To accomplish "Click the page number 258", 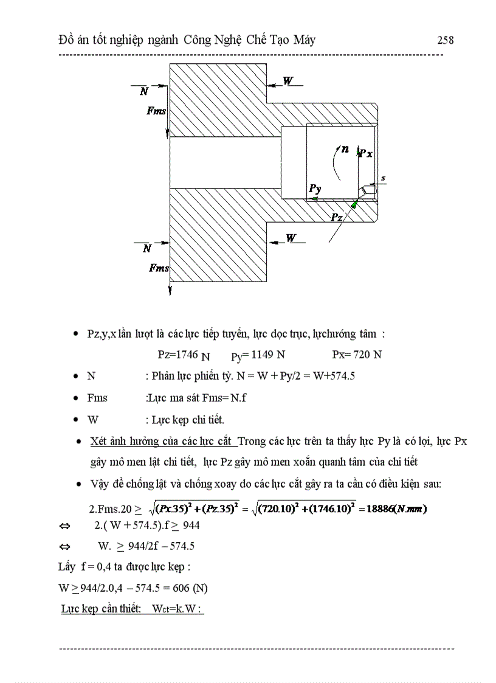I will point(445,40).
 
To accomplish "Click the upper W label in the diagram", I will point(288,81).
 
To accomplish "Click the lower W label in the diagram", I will point(291,238).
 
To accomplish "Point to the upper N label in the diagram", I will point(144,92).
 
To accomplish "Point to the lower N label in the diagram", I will point(146,249).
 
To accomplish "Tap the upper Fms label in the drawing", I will point(156,111).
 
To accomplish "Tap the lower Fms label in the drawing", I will point(159,268).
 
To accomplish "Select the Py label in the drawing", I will point(314,189).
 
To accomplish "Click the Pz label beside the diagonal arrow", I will point(337,217).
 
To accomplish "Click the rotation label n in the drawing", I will point(345,148).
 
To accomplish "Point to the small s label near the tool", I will point(383,178).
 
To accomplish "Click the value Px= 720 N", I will point(357,355).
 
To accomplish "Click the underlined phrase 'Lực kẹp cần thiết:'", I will point(100,609).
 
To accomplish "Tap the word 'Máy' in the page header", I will point(302,40).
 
